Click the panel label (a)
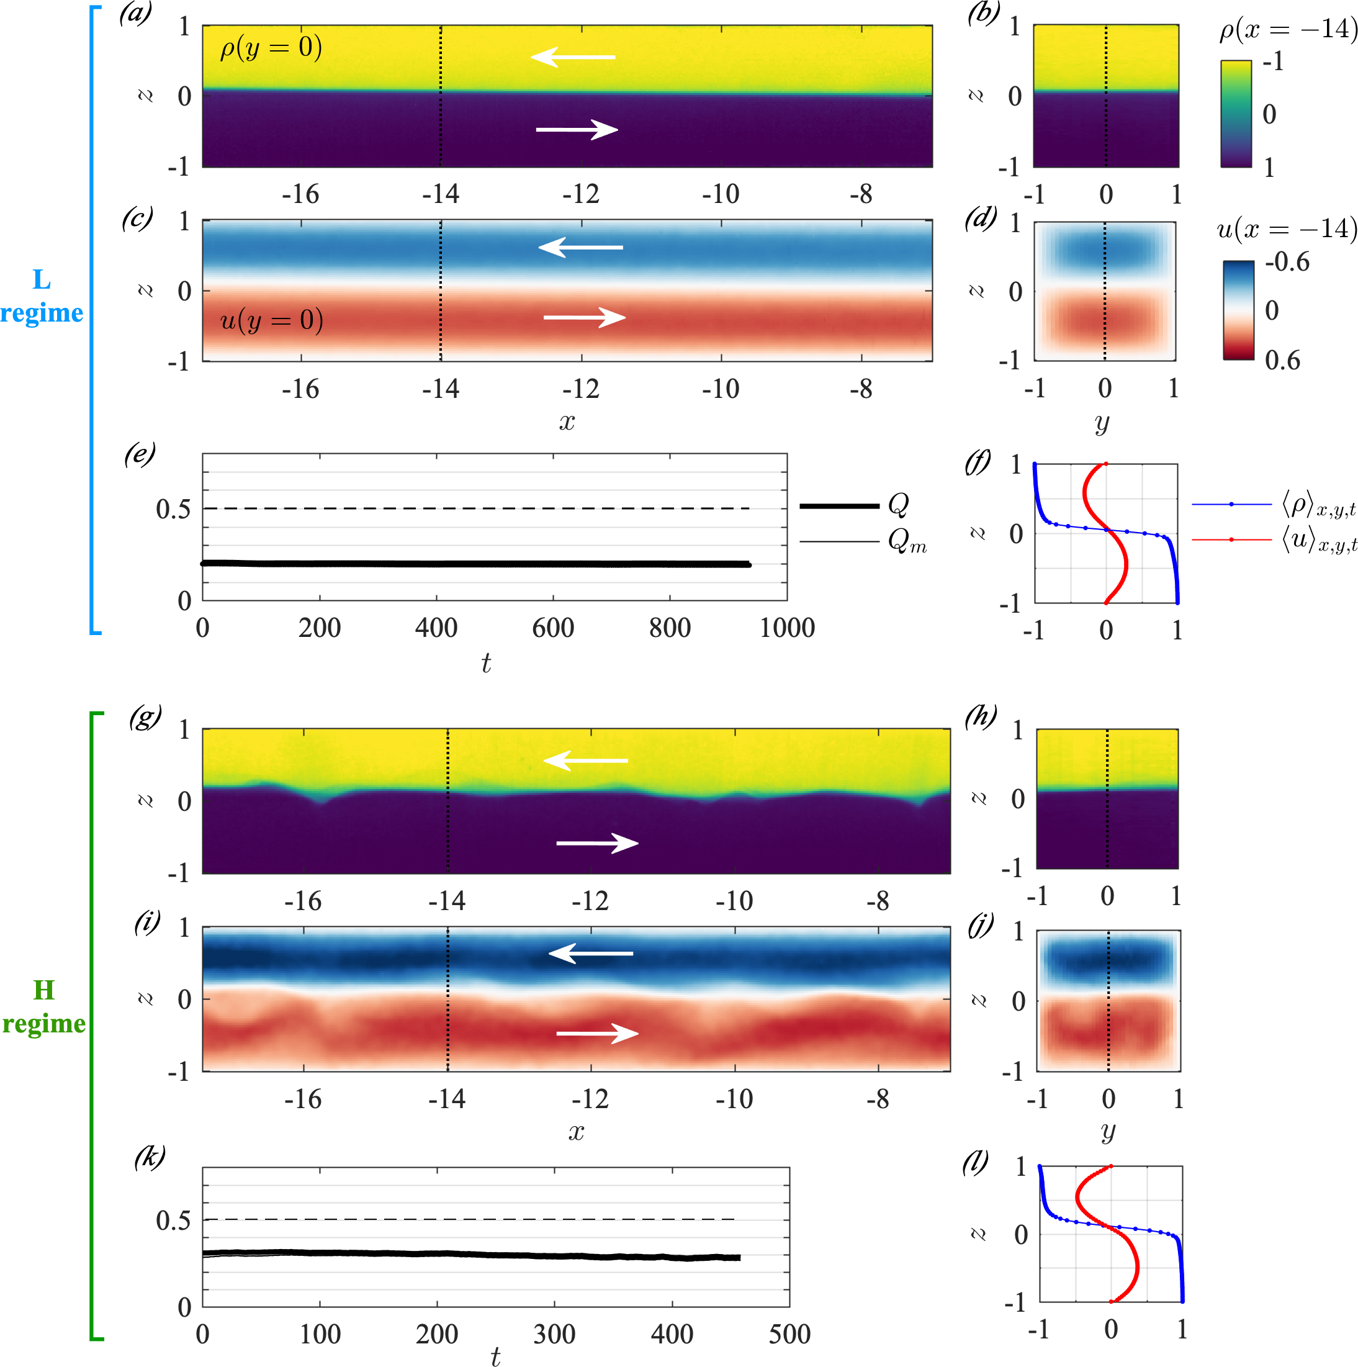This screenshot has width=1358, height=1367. coord(135,14)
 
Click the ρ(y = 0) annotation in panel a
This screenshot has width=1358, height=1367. coord(271,48)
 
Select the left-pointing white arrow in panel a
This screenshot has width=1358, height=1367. coord(573,56)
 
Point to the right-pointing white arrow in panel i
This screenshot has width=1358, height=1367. coord(597,1034)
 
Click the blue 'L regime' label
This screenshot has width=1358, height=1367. coord(42,296)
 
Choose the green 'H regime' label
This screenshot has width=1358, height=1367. coord(44,1007)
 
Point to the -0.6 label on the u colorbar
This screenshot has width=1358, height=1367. coord(1287,262)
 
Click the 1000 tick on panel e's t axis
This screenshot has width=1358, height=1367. coord(786,628)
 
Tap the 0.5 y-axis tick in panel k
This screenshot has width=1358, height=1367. coord(173,1220)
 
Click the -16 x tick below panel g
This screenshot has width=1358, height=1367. coord(303,901)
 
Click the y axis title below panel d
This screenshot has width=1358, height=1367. coord(1102,423)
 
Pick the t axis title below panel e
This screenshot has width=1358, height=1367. coord(486,663)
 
